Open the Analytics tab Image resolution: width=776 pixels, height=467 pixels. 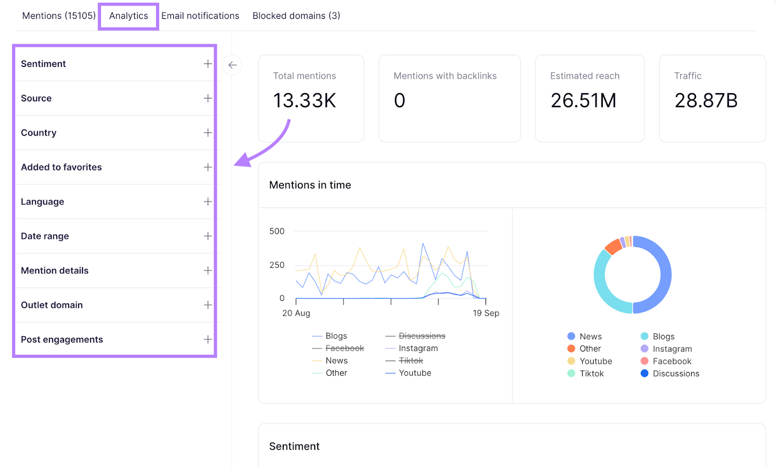(x=129, y=16)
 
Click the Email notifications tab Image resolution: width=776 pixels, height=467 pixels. (x=200, y=16)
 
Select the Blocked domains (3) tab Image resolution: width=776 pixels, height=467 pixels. (x=296, y=16)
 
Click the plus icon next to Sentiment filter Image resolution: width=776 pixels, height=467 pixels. (x=208, y=64)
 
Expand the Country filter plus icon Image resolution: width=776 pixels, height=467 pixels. (x=208, y=133)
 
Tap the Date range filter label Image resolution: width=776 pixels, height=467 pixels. (x=45, y=236)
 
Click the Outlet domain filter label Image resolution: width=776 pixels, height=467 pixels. (x=51, y=305)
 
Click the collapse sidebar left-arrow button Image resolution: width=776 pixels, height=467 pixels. (x=232, y=65)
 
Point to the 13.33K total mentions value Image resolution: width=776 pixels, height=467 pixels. (x=304, y=100)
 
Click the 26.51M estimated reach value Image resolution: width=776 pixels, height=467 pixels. (x=583, y=100)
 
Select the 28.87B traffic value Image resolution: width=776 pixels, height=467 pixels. (x=706, y=100)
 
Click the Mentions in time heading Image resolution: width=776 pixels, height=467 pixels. (x=310, y=185)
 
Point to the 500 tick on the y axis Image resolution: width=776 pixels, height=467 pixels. (x=277, y=232)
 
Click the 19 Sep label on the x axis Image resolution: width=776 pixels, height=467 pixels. (x=485, y=313)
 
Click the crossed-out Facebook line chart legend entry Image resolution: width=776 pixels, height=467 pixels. (x=344, y=349)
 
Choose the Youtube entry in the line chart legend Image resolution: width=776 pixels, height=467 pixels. (x=415, y=373)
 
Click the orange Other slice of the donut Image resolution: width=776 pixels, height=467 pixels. (x=614, y=247)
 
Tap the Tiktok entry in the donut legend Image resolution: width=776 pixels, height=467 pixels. (x=591, y=374)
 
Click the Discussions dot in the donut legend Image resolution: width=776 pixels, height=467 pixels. (x=644, y=373)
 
